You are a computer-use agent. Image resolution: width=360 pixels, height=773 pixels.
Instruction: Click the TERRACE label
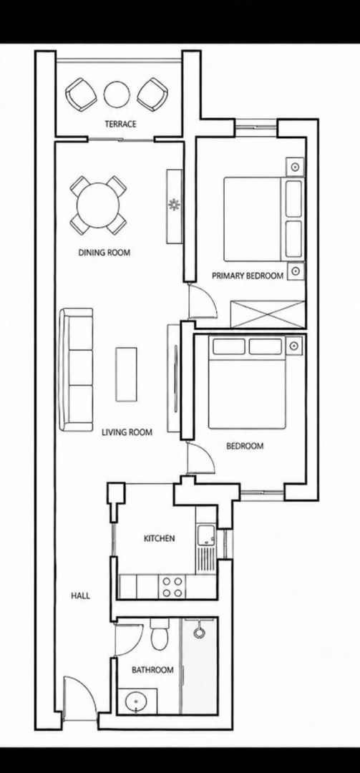[120, 125]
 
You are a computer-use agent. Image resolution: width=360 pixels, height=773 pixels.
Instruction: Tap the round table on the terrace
[117, 94]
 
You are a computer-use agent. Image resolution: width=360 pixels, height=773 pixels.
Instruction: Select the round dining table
[98, 205]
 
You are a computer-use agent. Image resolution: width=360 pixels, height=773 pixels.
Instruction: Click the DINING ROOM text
[104, 253]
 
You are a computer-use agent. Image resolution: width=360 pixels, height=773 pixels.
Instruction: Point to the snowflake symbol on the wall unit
[174, 205]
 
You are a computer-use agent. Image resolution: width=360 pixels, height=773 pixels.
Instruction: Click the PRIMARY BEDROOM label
[248, 276]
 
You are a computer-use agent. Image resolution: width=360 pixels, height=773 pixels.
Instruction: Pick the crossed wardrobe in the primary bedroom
[267, 313]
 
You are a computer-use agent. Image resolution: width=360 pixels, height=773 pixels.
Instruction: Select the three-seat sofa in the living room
[76, 369]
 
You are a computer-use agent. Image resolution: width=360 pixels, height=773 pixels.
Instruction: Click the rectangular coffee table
[126, 374]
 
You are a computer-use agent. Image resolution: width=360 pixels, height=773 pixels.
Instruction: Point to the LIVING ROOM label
[127, 433]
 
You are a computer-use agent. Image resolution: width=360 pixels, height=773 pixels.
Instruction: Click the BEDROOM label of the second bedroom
[245, 446]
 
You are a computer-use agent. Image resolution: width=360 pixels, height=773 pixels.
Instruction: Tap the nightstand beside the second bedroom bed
[295, 346]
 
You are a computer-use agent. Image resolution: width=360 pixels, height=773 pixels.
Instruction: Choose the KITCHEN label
[159, 538]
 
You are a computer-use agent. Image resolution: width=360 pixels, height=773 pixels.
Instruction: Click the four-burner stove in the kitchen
[172, 587]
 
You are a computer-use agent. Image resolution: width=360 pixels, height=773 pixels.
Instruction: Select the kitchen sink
[206, 535]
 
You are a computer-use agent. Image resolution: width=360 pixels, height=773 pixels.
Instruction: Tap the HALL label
[80, 595]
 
